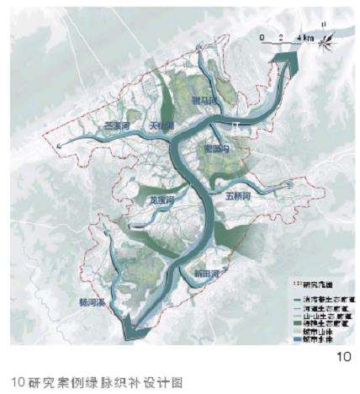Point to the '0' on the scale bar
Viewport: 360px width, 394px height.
[262, 37]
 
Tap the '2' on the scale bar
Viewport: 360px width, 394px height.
[281, 37]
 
